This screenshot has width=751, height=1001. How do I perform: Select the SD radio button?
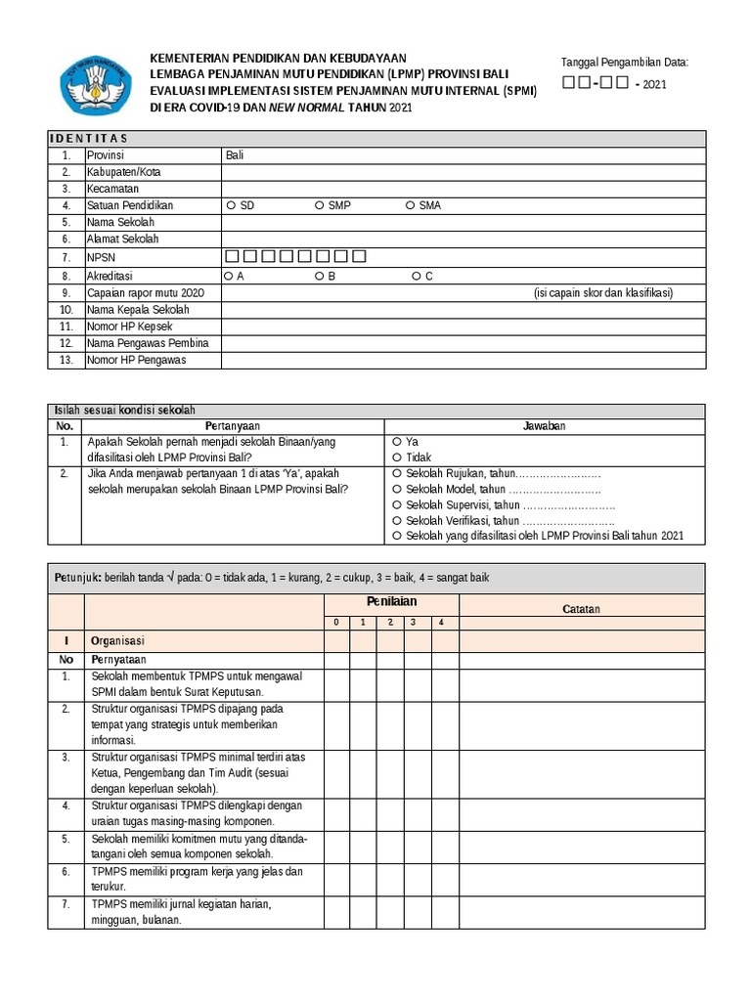point(231,205)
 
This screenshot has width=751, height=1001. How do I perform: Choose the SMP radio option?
point(320,205)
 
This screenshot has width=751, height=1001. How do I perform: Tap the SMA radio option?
point(410,205)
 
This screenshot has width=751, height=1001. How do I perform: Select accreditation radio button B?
point(320,277)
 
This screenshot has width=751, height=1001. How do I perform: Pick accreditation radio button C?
point(416,277)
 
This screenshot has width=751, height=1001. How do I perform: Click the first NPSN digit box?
point(232,257)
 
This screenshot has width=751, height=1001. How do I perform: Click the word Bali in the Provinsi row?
point(235,155)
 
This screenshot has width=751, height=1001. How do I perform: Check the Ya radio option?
point(396,442)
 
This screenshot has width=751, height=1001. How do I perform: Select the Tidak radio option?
point(396,457)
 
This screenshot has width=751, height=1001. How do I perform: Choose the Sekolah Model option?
point(396,489)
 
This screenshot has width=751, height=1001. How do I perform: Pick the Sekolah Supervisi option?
point(396,504)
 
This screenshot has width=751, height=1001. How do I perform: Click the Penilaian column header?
point(391,602)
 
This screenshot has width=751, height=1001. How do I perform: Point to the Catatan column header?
point(581,609)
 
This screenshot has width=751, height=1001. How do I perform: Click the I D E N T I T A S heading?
point(89,139)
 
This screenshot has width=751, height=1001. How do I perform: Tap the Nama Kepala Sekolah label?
point(138,310)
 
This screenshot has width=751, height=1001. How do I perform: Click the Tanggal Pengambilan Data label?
point(624,63)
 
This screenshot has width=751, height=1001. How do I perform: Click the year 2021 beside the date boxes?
point(655,85)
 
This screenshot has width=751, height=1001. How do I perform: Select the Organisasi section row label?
point(117,641)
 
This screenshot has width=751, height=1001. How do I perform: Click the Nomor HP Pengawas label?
point(136,360)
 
